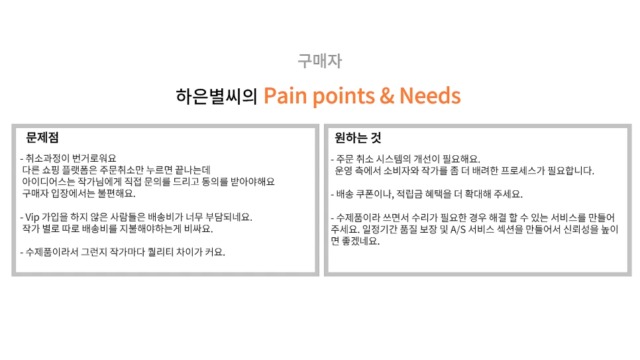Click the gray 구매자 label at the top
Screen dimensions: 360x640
(x=319, y=62)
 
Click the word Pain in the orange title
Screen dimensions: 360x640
(x=287, y=96)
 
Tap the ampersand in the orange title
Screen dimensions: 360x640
(x=387, y=96)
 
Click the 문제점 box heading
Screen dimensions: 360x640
(x=42, y=138)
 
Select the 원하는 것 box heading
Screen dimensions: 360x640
(x=358, y=138)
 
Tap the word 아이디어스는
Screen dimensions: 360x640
(x=48, y=182)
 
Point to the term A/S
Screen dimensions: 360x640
(x=459, y=229)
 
